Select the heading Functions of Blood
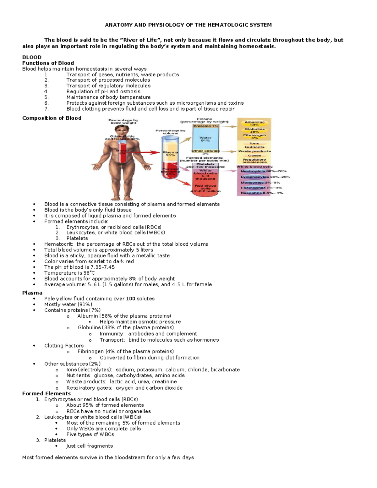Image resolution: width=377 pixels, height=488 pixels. coord(48,63)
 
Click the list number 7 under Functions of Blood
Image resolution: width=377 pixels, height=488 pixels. coord(46,109)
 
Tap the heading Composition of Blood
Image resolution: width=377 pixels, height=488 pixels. coord(52,118)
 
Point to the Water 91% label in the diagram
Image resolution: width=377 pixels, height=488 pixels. coord(205,139)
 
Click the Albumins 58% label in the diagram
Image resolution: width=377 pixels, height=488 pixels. coord(254,123)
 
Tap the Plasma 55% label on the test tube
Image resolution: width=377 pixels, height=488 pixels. coord(170,154)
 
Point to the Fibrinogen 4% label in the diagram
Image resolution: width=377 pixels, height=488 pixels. coord(254,136)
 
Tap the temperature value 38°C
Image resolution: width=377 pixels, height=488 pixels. coord(88,273)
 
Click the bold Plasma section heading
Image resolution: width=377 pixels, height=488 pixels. coord(32,293)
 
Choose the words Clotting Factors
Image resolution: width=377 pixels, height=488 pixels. coord(64,346)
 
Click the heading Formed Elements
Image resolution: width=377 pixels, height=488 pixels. coord(46,393)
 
